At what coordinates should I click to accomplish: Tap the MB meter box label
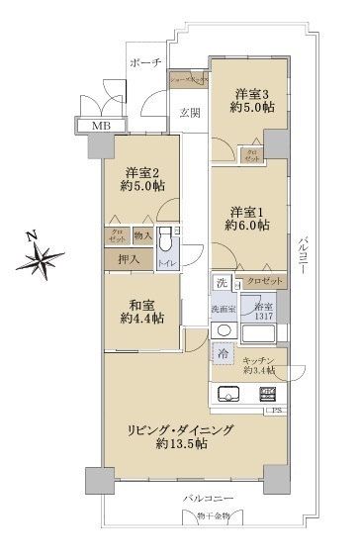point(101,127)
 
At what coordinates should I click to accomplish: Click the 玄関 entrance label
point(190,113)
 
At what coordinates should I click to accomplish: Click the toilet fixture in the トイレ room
point(167,244)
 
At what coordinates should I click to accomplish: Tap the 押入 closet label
point(129,259)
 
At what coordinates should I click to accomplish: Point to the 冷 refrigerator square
point(224,354)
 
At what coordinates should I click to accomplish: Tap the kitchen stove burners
point(268,395)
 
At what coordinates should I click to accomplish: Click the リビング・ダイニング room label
point(180,436)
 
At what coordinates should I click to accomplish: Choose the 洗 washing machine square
point(224,284)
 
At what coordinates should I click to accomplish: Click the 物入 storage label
point(142,235)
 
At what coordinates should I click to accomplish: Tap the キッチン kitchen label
point(259,362)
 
